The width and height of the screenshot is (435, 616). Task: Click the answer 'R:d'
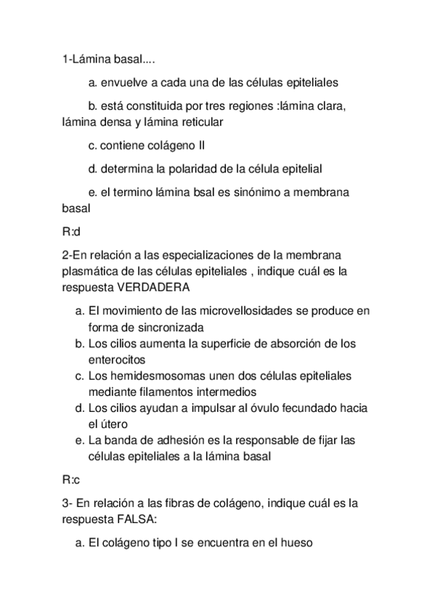click(71, 232)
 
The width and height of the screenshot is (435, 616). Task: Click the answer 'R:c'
click(71, 479)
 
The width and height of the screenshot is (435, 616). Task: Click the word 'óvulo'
click(239, 408)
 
